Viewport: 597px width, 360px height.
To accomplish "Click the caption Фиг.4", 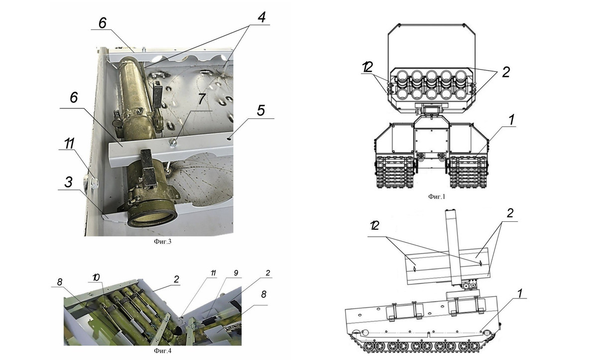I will click(x=160, y=351).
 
